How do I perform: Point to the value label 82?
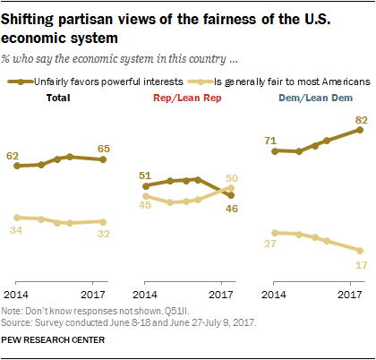tap(361, 119)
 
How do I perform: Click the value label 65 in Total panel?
tap(105, 148)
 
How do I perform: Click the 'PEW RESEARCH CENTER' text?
tap(54, 339)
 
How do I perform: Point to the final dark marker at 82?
tap(360, 130)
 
